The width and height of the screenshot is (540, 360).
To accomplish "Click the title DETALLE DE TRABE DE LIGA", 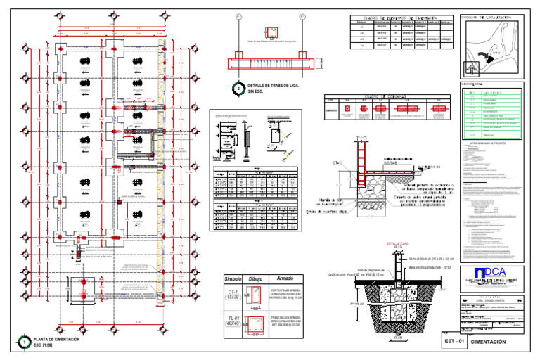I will point(274,86).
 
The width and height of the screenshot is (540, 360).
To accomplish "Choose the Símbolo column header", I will point(233,278).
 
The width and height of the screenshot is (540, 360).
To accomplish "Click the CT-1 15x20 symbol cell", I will point(233,295).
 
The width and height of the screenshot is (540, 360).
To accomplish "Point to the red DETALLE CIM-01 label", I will point(398,245).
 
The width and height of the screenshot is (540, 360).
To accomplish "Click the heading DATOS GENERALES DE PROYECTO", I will point(491,143).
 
